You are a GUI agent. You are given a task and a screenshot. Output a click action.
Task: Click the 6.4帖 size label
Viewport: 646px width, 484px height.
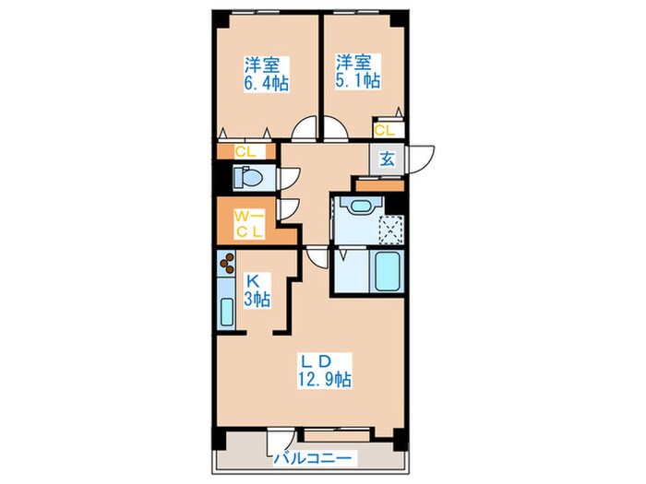tap(266, 82)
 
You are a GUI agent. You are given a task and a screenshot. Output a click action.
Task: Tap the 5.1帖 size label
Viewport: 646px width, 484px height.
tap(357, 81)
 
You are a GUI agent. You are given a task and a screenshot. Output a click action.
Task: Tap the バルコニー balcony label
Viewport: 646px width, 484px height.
tap(310, 456)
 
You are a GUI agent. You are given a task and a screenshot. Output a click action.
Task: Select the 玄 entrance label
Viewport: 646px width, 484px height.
tap(387, 158)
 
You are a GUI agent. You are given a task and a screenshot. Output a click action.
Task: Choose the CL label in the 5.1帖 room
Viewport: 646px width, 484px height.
tap(385, 131)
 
